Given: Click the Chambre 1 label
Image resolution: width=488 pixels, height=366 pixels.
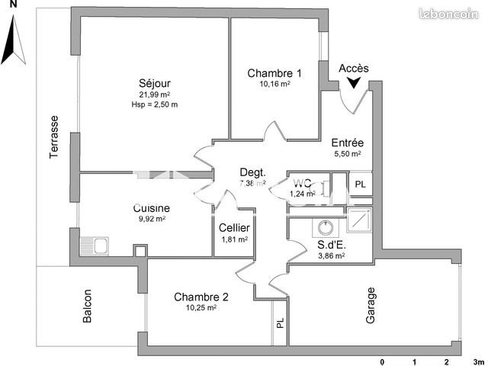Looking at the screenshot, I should pos(274,73).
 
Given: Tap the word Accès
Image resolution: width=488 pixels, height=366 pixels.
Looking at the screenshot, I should pos(353,68).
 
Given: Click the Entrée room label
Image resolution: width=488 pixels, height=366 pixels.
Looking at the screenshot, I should pos(347,142).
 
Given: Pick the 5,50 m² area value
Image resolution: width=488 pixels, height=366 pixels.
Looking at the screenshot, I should pos(347,153).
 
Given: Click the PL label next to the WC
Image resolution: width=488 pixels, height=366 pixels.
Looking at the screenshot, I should pos(360,185).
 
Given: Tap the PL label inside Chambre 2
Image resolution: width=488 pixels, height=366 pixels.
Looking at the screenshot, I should pos(280,324).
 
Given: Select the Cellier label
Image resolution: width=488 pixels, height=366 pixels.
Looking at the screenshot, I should pos(233,227).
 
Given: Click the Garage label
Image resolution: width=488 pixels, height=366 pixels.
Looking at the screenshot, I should pos(371,305).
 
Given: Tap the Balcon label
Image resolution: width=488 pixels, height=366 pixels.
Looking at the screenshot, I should pos(88,307).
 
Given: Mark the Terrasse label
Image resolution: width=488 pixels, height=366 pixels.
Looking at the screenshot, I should pos(54,137).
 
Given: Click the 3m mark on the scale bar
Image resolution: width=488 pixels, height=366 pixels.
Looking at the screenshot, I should pos(478,361).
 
